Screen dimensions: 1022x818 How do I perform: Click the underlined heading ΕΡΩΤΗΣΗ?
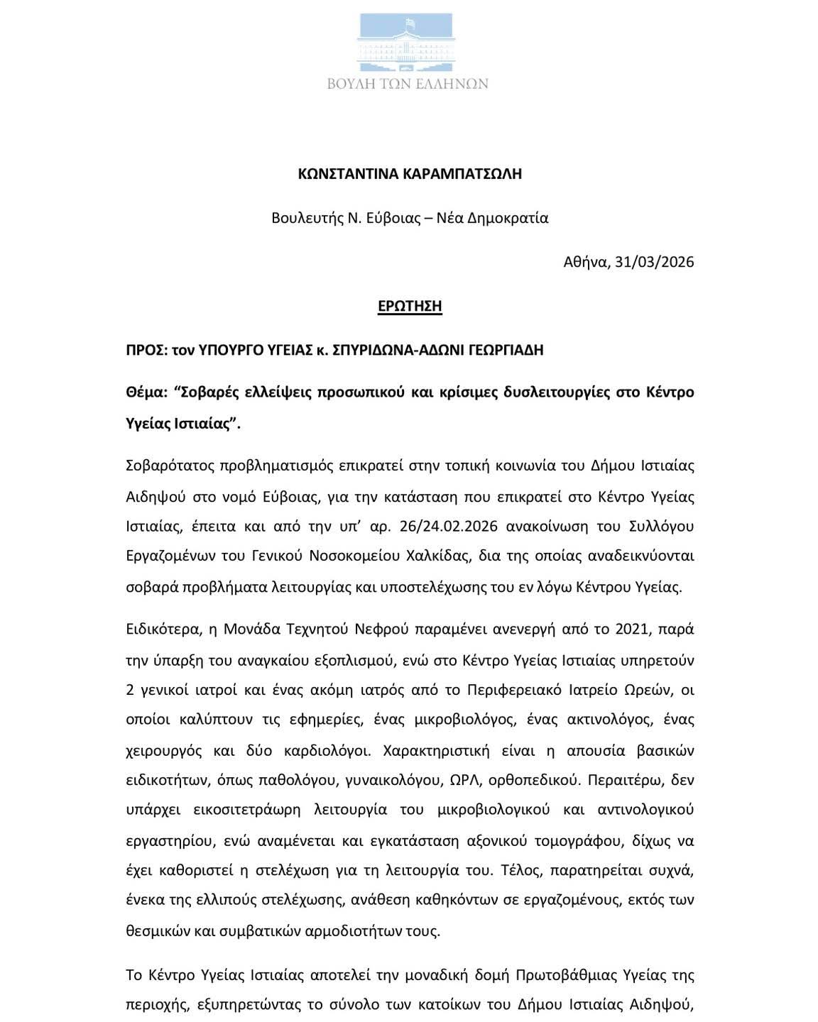[410, 306]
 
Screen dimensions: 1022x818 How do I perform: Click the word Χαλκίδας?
[437, 555]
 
